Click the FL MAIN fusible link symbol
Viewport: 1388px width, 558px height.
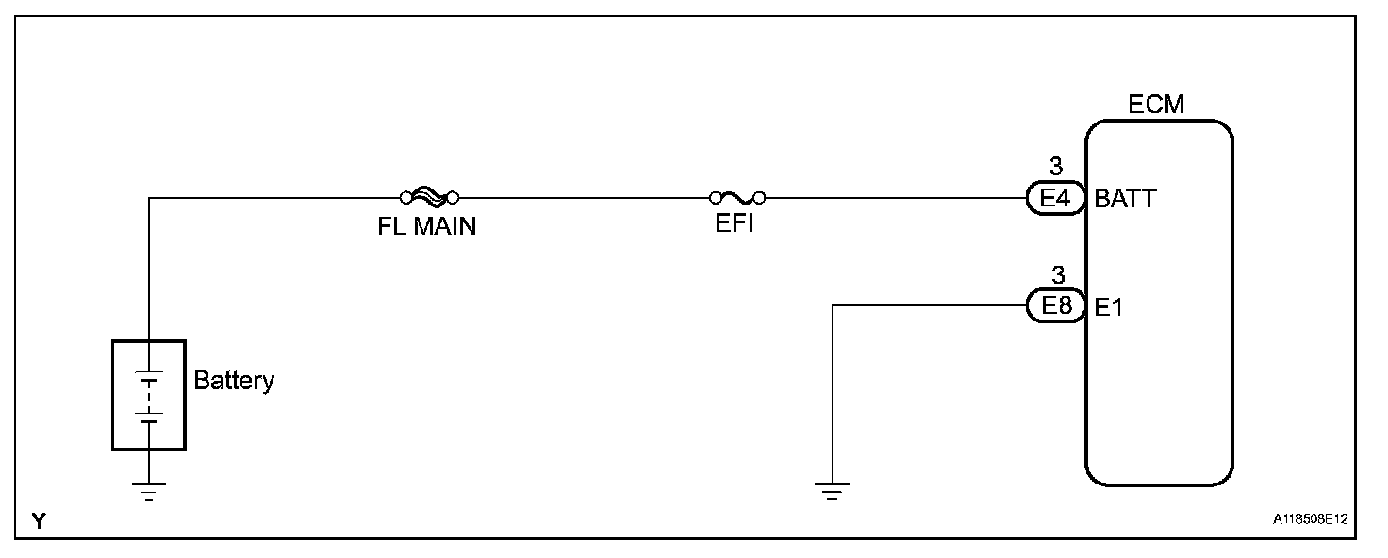[429, 197]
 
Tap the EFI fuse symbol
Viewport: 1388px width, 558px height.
[737, 197]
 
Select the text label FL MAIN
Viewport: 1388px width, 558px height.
[421, 227]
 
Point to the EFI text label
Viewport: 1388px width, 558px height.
[735, 227]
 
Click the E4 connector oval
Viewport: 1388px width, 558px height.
[1056, 199]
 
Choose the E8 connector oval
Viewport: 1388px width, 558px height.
[1056, 306]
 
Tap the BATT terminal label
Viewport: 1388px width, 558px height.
[1125, 199]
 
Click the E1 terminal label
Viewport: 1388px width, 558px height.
[1109, 307]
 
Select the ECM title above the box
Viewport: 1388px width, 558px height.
[1157, 105]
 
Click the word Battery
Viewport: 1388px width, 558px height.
[234, 381]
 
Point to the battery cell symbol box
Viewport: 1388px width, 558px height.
[149, 395]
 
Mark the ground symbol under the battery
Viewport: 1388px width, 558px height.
[149, 490]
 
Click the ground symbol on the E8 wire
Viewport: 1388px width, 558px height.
[831, 490]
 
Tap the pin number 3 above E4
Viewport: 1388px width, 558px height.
[1056, 168]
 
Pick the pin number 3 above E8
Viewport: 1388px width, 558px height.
[1056, 275]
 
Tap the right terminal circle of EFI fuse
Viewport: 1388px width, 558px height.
[760, 198]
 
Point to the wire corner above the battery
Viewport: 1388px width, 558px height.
[149, 198]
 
